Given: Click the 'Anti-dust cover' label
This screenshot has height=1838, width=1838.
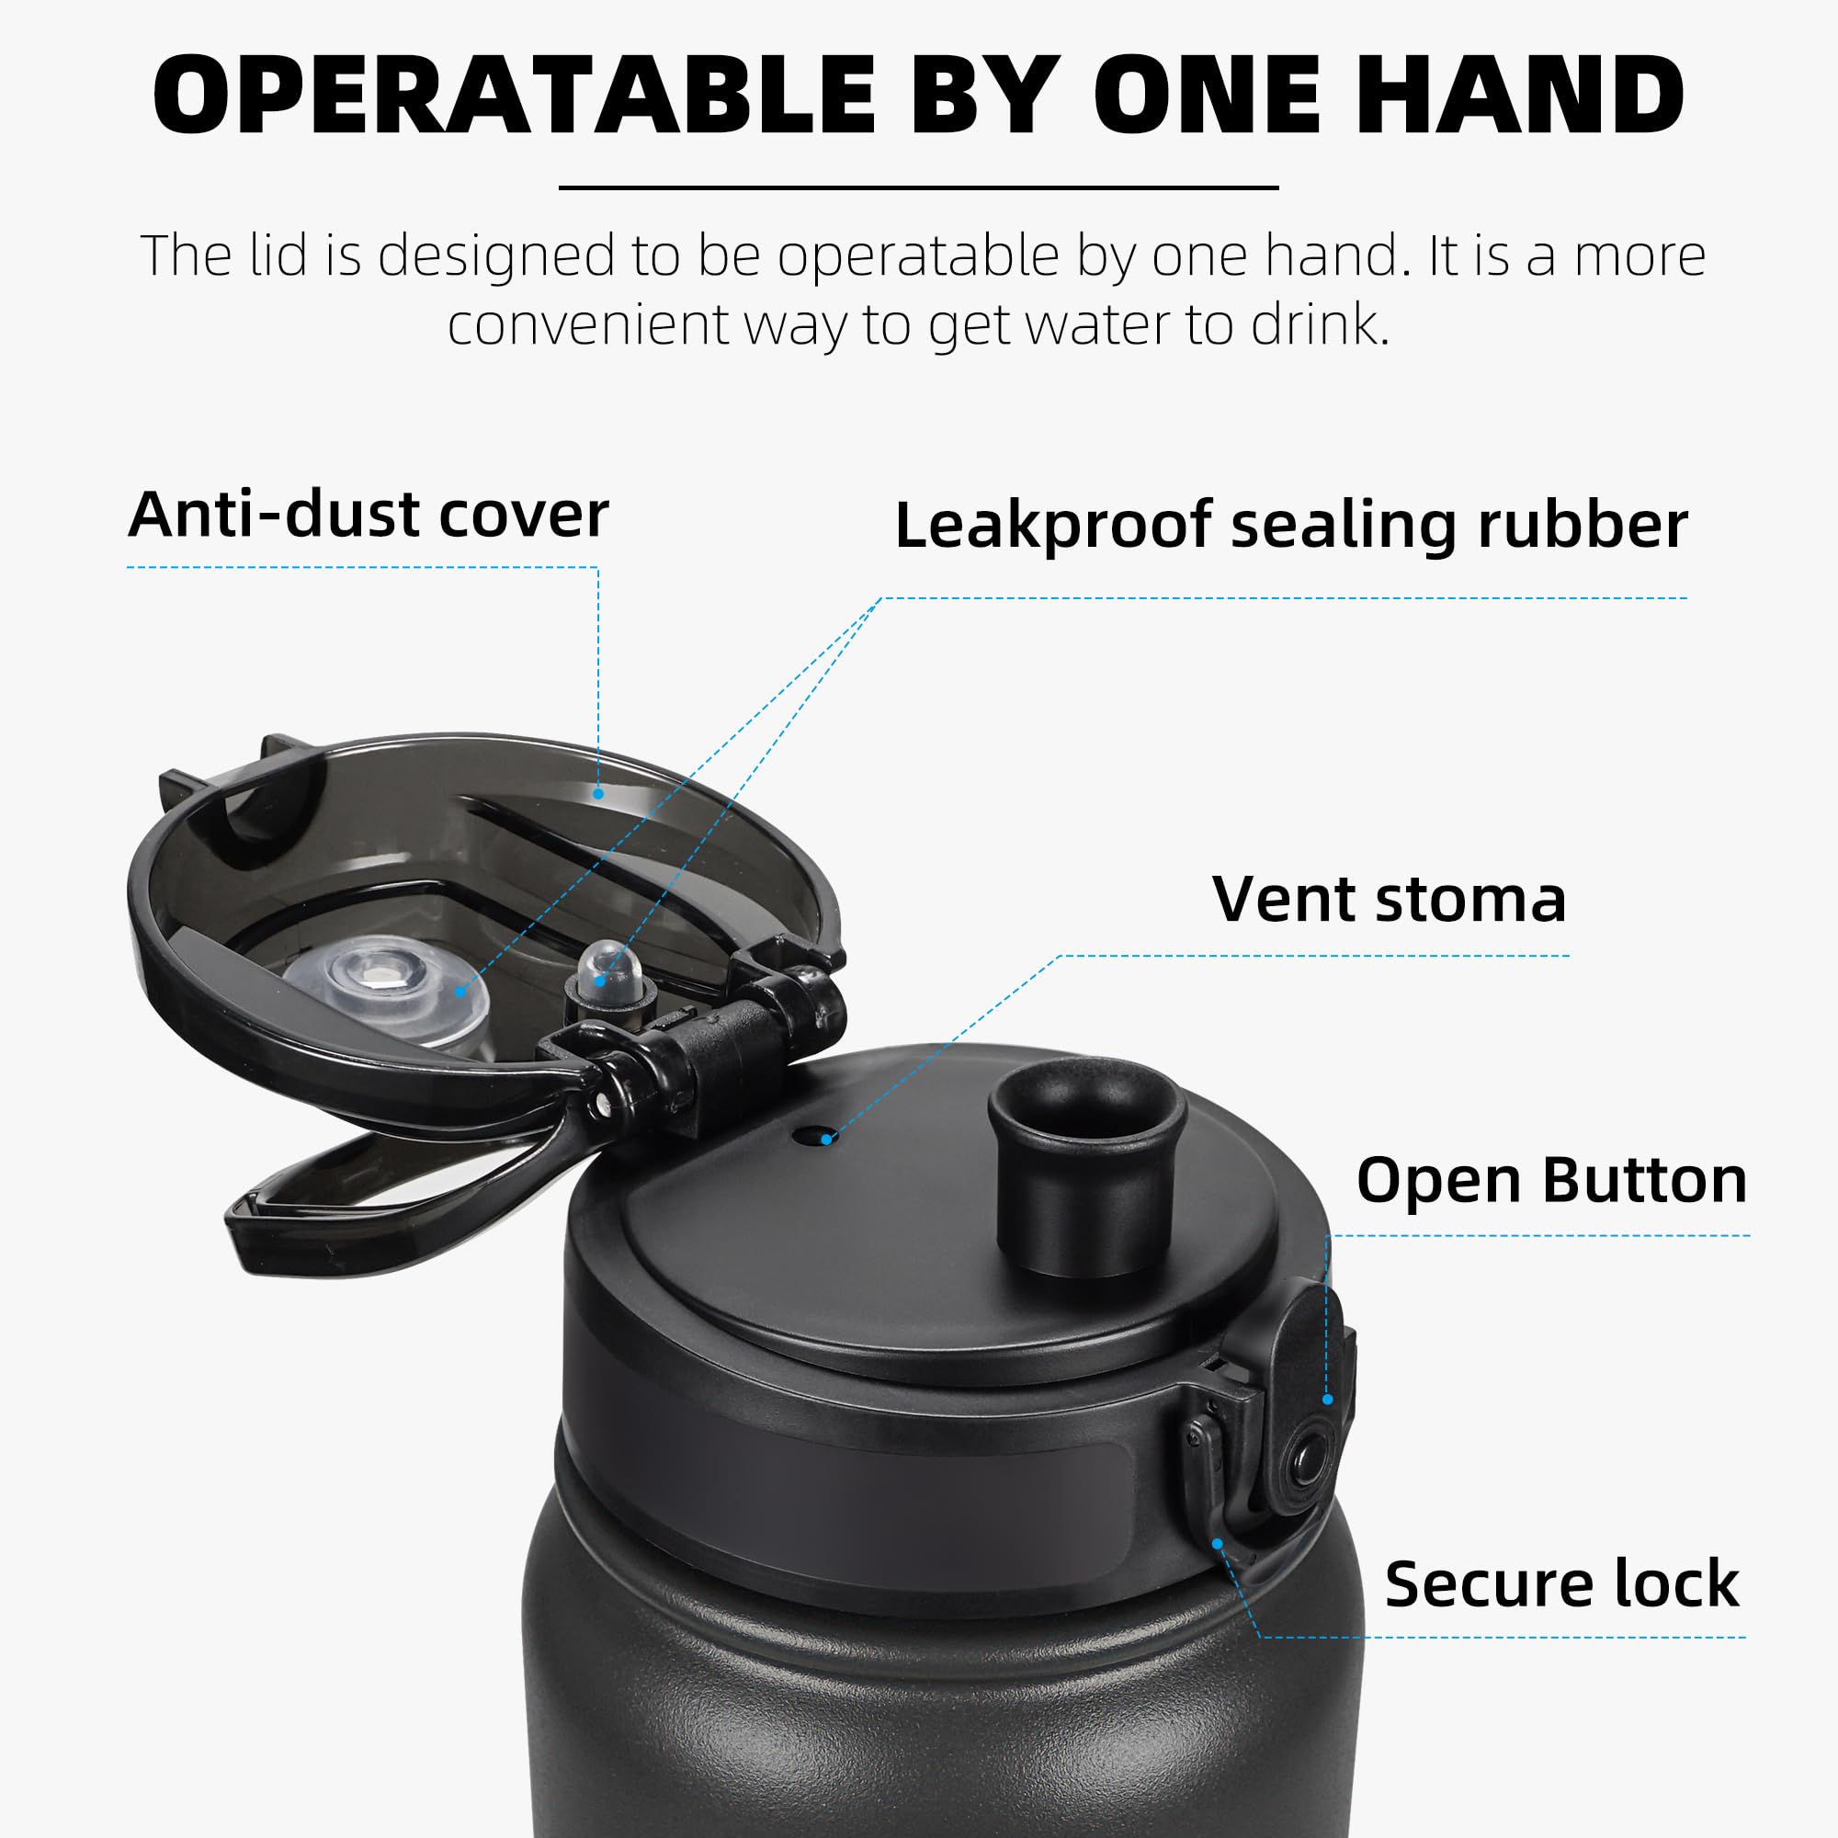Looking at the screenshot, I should pyautogui.click(x=369, y=515).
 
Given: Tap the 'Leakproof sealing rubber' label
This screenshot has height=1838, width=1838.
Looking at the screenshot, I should pyautogui.click(x=1291, y=525).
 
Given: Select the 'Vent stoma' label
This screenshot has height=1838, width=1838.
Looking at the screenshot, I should pyautogui.click(x=1389, y=899).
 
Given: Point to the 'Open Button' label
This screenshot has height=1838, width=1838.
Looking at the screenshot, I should pyautogui.click(x=1550, y=1181).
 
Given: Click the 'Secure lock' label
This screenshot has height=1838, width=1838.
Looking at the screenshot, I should pyautogui.click(x=1561, y=1584).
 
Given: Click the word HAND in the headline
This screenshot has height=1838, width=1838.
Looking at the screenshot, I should pyautogui.click(x=1519, y=96).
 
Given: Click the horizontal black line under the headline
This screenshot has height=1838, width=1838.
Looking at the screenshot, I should pyautogui.click(x=918, y=187).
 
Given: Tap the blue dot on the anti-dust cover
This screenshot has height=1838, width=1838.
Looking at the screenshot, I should pyautogui.click(x=598, y=792).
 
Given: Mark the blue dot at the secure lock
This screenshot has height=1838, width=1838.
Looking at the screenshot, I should pyautogui.click(x=1217, y=1543).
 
